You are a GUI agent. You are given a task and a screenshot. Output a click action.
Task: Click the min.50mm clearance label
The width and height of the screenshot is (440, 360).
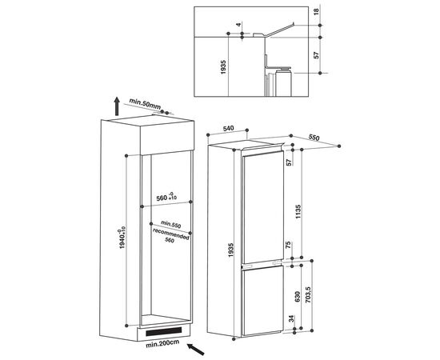point(145,104)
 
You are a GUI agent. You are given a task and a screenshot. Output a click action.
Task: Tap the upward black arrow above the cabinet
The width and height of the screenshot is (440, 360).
point(117,106)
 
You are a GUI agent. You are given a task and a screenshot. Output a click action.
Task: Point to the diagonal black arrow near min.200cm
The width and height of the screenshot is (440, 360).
point(196,350)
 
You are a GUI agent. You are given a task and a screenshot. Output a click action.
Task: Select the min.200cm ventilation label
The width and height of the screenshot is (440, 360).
point(162,344)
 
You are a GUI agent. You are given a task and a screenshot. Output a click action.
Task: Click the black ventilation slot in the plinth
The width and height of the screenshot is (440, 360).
point(163,332)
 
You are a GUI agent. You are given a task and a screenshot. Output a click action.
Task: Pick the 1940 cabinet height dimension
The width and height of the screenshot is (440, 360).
point(122,238)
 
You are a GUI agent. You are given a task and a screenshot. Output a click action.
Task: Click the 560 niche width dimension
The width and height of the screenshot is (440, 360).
point(166,197)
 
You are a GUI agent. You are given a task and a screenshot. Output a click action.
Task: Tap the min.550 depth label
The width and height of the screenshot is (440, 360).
point(171,224)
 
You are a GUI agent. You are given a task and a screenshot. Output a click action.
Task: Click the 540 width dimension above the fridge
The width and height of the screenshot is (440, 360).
point(228,129)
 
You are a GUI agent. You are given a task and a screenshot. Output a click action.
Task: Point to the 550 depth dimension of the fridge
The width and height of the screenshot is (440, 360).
point(314,138)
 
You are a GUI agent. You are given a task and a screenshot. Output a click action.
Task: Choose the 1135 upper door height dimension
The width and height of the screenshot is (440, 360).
point(298,212)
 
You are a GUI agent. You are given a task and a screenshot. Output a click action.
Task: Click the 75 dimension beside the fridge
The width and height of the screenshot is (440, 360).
point(288,245)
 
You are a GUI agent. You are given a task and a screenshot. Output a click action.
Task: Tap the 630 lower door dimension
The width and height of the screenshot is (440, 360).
point(298,297)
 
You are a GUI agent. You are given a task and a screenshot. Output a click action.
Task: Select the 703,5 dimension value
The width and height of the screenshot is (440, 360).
point(308,294)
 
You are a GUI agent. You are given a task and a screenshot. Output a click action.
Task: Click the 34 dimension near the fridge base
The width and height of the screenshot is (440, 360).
point(291,319)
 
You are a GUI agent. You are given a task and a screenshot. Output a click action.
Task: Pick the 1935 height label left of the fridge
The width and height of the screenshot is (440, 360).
point(230,250)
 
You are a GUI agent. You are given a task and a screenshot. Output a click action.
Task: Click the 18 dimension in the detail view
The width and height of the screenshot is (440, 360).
point(316,12)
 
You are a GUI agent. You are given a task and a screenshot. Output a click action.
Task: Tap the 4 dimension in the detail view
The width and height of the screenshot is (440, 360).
point(238,25)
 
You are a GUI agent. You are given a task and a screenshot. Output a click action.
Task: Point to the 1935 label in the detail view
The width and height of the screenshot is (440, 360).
point(223,67)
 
